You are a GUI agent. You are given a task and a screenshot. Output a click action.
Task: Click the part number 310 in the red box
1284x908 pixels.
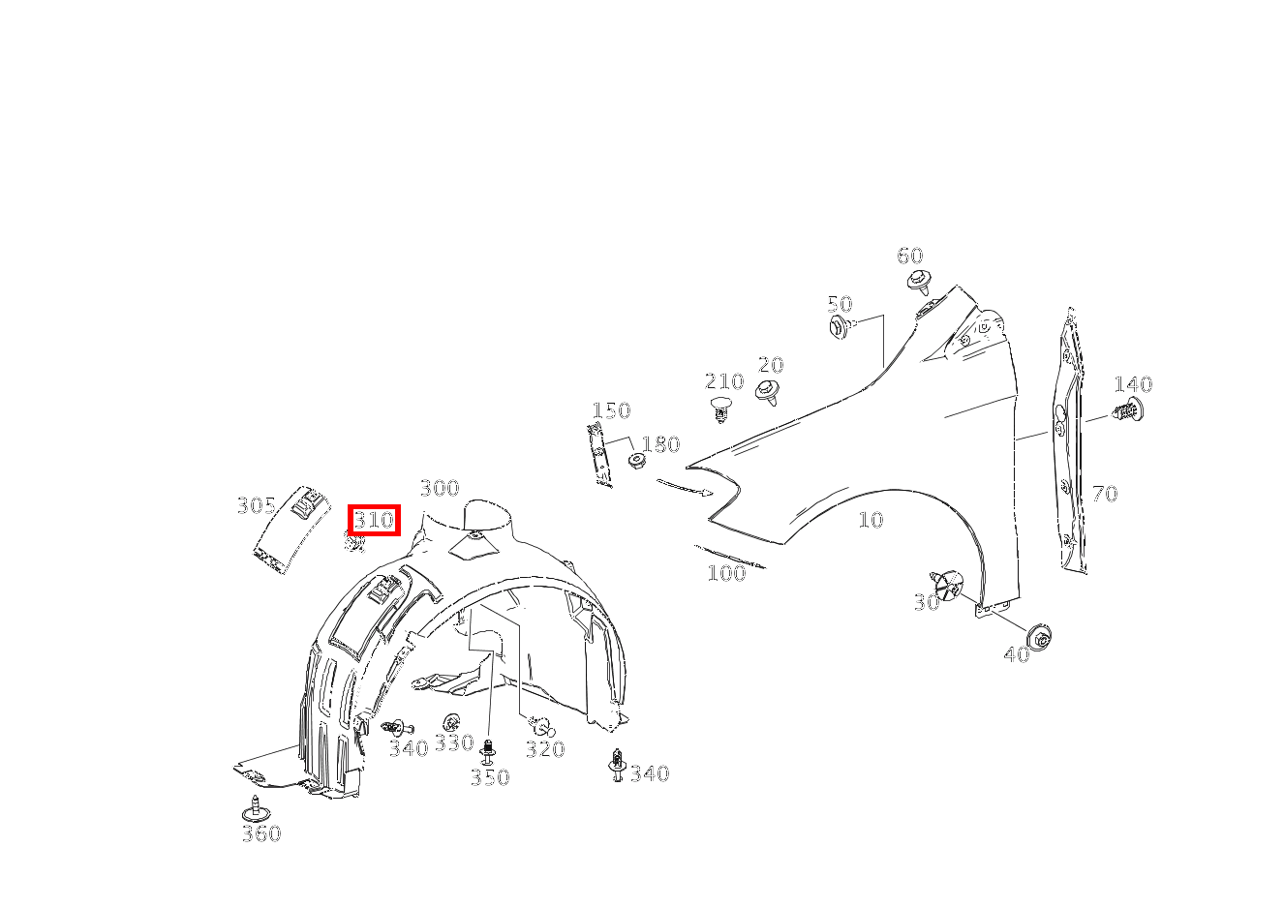(374, 520)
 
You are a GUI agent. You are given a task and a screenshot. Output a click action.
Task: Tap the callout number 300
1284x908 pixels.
(439, 488)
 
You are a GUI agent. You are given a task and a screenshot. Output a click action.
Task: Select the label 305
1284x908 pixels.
(257, 505)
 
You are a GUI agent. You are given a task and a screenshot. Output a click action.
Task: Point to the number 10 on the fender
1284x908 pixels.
(871, 520)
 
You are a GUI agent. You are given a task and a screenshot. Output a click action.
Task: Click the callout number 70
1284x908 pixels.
(1104, 494)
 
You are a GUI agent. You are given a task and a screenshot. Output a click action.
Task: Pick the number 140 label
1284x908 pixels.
(1132, 384)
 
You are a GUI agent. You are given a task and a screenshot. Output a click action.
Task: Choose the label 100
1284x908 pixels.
(726, 572)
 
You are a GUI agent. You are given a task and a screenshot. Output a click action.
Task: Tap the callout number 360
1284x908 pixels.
(260, 833)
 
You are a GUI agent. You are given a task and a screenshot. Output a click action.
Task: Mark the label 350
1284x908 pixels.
(489, 777)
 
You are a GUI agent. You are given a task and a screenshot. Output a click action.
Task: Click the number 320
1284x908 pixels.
(545, 749)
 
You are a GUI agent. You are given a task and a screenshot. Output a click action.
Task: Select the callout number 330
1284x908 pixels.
(453, 742)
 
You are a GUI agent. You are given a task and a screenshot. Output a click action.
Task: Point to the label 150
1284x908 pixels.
(611, 410)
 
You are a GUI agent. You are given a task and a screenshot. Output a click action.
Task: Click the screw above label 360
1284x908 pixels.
(256, 808)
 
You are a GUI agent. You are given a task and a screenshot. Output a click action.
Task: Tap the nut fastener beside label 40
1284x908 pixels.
(1043, 637)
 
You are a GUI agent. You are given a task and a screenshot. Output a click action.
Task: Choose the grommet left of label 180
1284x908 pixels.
(637, 460)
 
